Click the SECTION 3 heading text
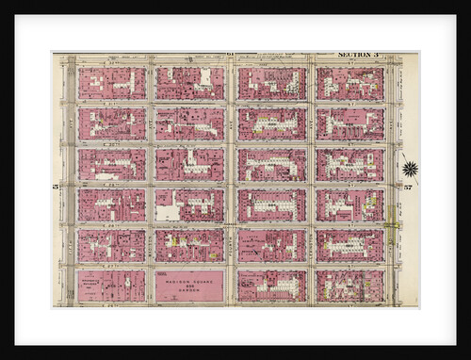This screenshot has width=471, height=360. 357,56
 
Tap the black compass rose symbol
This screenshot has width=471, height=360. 410,169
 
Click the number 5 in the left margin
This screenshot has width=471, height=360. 57,187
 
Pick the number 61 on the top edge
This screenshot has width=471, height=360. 229,57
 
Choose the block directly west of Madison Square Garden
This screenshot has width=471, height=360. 111,286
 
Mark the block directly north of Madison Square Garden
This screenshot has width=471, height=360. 188,245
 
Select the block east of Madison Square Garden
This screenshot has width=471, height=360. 271,286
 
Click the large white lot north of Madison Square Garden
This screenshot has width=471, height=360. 168,211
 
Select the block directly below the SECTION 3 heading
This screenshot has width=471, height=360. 349,83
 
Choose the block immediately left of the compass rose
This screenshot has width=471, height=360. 349,164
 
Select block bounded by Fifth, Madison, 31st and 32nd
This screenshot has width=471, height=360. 111,123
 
